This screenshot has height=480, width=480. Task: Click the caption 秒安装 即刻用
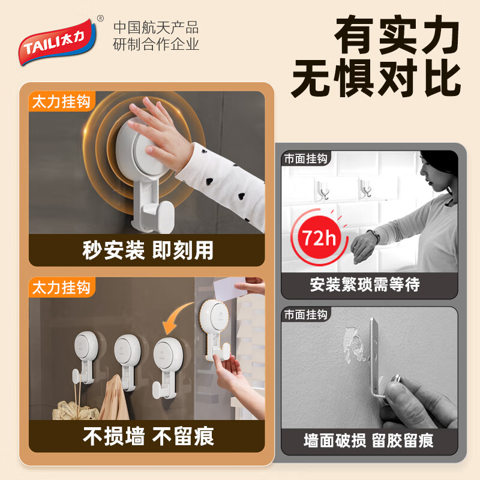148,250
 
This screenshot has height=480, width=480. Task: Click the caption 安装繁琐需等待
369,284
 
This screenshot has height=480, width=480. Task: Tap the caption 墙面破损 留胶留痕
369,441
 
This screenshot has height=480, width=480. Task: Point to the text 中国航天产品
156,28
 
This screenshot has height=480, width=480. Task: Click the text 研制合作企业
156,44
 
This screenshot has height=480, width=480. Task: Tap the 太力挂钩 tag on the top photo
62,101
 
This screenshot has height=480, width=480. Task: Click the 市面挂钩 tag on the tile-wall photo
306,159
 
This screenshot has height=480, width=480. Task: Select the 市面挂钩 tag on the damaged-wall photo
306,315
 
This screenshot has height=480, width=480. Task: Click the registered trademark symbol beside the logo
100,19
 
